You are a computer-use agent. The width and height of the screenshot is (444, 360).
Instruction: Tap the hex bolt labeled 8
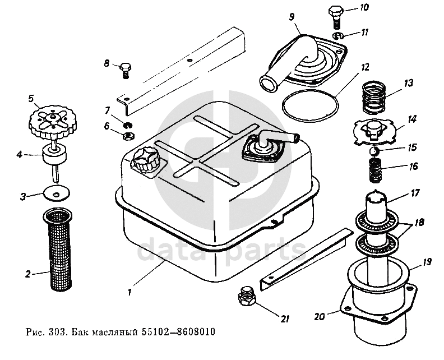(x=126, y=69)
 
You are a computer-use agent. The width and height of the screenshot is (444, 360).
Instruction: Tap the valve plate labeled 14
(x=375, y=130)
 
